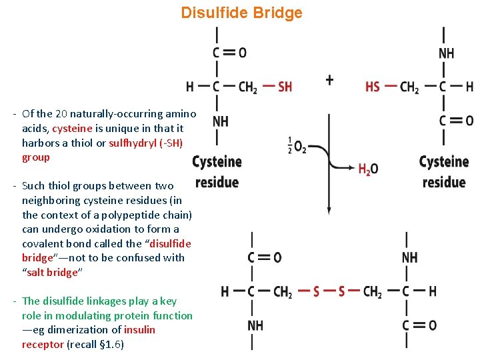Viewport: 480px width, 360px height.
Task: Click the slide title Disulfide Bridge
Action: (241, 13)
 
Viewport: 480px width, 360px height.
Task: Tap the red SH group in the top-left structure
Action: (285, 87)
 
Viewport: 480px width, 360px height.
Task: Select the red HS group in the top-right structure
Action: (373, 87)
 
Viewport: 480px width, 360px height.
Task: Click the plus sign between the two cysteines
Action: (329, 80)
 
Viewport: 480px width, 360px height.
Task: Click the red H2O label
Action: (367, 169)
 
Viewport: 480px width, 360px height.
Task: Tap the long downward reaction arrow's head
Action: (329, 209)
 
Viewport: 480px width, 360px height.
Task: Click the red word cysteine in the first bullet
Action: (71, 129)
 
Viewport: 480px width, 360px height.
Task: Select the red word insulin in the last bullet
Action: (139, 330)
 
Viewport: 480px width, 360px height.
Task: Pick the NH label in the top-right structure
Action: (446, 53)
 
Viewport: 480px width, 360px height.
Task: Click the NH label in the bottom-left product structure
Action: (255, 325)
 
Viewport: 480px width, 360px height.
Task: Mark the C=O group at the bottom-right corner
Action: (420, 325)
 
